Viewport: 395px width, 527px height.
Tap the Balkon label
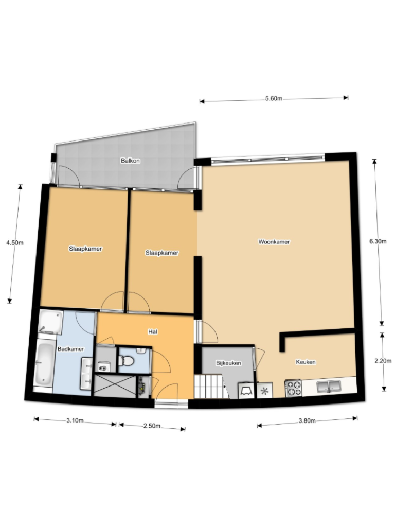130,161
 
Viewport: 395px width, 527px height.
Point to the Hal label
152,332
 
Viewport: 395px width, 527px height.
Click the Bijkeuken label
228,363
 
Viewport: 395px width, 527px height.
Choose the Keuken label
306,362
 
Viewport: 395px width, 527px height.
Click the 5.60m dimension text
274,99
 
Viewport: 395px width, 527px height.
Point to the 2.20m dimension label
383,360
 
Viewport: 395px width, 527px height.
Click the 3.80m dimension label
307,421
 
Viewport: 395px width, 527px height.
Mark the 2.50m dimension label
152,426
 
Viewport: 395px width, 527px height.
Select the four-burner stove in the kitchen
294,388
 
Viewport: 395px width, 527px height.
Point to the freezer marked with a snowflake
265,391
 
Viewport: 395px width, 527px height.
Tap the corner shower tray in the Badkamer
50,322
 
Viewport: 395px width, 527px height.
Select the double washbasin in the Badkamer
86,373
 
